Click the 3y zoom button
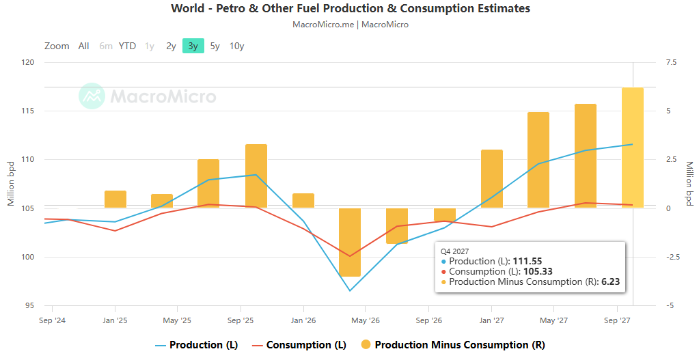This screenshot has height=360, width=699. [x=193, y=46]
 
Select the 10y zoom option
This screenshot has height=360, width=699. [x=236, y=46]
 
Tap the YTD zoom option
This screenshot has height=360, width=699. [x=127, y=46]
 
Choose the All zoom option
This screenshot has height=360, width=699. [x=84, y=46]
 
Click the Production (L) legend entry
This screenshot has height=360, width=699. [x=197, y=345]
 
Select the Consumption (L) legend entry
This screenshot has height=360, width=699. [x=299, y=345]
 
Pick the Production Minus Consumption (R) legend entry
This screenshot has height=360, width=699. [x=452, y=345]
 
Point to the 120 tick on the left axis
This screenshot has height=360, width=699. [x=27, y=62]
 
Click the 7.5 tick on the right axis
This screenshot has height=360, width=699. [x=672, y=62]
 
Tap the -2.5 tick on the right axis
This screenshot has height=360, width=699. [x=672, y=257]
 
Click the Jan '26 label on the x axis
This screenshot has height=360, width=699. [x=303, y=320]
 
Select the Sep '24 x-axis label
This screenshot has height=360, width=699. [x=52, y=320]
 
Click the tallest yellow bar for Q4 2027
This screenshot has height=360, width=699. [x=633, y=148]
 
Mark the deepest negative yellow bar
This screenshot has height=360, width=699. [x=350, y=243]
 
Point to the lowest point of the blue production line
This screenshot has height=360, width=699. [x=350, y=291]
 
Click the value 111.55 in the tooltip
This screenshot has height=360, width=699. [x=527, y=262]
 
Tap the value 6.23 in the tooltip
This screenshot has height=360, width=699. [x=610, y=281]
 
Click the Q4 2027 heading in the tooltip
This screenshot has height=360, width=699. [x=454, y=252]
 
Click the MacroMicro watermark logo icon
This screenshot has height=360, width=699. [x=92, y=96]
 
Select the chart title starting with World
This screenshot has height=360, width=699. [x=351, y=8]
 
